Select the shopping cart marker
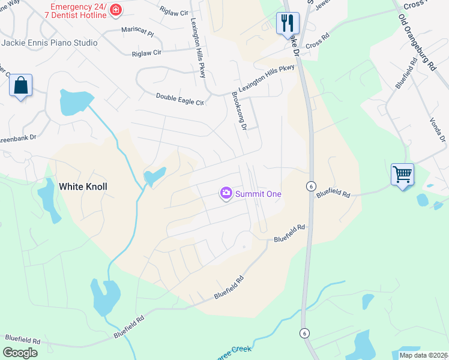402,175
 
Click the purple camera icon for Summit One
226,193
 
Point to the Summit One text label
258,194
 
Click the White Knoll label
83,187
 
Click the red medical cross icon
115,10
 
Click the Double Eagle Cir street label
180,98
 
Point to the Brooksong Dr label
240,110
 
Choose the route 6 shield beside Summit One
310,186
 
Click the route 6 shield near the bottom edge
305,333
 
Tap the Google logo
20,353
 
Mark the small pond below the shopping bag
74,103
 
